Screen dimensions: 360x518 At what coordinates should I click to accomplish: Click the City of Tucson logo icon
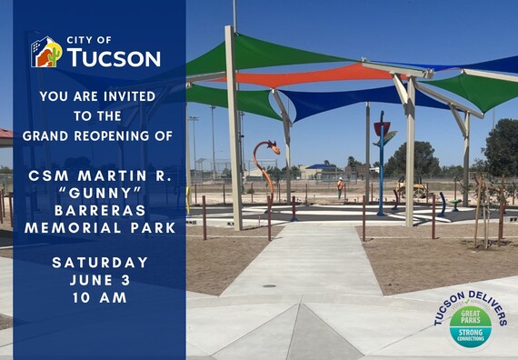(x=46, y=52)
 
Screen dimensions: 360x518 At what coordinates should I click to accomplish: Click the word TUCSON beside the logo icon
(x=114, y=58)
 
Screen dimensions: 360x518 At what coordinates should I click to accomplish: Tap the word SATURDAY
(x=100, y=263)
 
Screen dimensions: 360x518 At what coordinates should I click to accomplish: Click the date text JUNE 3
(x=100, y=280)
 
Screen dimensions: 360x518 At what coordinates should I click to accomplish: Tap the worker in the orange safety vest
(x=340, y=186)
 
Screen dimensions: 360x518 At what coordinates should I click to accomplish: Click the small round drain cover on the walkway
(x=269, y=286)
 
